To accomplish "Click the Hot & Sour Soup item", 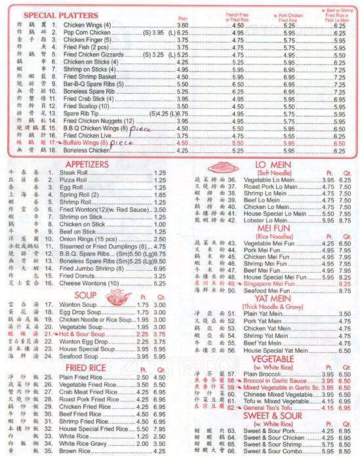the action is click(85, 334).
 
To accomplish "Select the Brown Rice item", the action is click(71, 451).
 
